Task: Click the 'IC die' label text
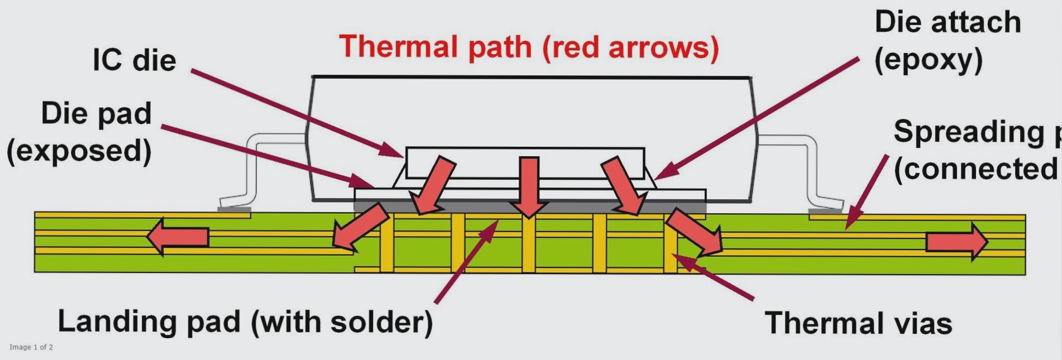coord(134,60)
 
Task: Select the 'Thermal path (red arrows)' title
coord(528,47)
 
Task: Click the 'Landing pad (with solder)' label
coord(245,322)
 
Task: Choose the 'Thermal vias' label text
coord(858,323)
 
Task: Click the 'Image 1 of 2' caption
coord(31,347)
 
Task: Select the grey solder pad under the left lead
coord(234,210)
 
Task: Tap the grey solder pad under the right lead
coord(825,211)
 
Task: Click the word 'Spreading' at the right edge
coord(969,132)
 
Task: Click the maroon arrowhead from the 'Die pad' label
coord(363,182)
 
